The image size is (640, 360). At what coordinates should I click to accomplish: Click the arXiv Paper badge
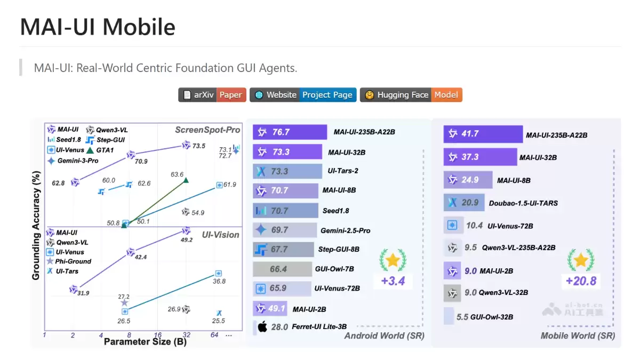coord(212,95)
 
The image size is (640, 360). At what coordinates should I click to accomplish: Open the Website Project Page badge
coord(303,95)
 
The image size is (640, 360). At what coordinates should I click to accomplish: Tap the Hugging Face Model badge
coord(411,95)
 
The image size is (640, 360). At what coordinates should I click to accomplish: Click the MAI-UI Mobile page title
coord(98,27)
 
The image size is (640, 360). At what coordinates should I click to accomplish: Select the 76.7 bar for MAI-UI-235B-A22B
coord(290,132)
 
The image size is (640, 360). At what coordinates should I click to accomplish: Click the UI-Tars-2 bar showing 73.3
coord(287,171)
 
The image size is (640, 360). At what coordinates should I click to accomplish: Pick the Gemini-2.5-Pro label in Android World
coord(345,230)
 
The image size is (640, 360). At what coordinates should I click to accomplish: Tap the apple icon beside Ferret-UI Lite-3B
coord(262,327)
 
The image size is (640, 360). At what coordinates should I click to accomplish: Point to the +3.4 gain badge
coord(393,281)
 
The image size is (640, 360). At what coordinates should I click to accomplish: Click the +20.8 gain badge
coord(581,281)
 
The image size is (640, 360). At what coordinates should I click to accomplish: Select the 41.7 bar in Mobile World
coord(483,134)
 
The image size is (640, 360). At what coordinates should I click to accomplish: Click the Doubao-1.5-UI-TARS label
coord(523,203)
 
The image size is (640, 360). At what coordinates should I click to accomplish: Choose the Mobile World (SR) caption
coord(578,335)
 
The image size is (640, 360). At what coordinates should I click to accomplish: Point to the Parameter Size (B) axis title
coord(145,341)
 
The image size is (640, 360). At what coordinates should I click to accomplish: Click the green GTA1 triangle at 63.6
coord(185,180)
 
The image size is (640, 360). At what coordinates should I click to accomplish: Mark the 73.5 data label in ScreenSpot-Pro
coord(199,146)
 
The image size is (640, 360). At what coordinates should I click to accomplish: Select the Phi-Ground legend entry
coord(74,261)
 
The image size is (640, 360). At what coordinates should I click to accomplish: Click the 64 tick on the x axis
coord(214,335)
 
